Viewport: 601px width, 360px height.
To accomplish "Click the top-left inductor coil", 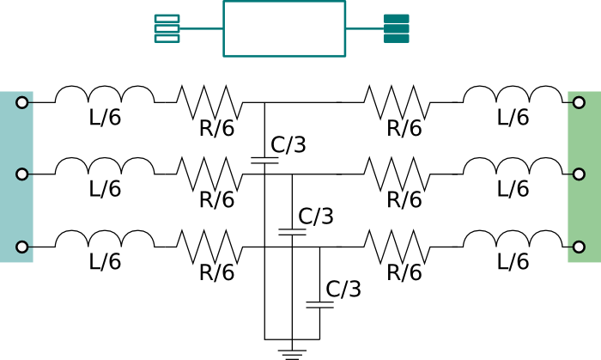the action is pyautogui.click(x=105, y=95).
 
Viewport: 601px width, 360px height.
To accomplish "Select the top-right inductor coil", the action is pyautogui.click(x=513, y=95).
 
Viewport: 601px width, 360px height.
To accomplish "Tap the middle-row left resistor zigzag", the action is pyautogui.click(x=209, y=174).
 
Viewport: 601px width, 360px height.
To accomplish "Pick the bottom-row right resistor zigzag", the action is pyautogui.click(x=397, y=247).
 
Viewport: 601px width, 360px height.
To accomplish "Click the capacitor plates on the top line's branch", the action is pyautogui.click(x=264, y=161).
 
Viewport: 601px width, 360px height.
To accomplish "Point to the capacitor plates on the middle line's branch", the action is pyautogui.click(x=292, y=232).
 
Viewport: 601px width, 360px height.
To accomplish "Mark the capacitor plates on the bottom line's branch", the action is pyautogui.click(x=319, y=305).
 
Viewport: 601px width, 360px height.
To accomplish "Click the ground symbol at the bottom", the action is pyautogui.click(x=292, y=354).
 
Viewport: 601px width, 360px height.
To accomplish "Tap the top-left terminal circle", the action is pyautogui.click(x=22, y=103).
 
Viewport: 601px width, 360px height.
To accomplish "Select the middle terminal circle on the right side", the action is pyautogui.click(x=579, y=174).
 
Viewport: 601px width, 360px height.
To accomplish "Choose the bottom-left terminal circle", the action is pyautogui.click(x=22, y=247).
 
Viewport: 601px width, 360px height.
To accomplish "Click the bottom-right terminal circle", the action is pyautogui.click(x=579, y=247).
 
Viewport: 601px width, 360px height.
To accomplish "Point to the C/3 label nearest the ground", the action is pyautogui.click(x=343, y=289).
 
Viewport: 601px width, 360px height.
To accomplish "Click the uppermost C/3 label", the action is pyautogui.click(x=288, y=144).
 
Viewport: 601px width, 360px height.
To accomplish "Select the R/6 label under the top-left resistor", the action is pyautogui.click(x=216, y=128).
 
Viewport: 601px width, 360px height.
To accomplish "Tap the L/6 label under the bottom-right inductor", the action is pyautogui.click(x=513, y=261).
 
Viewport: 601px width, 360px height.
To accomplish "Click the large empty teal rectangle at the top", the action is pyautogui.click(x=284, y=28).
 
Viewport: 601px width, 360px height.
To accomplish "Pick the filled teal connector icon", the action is pyautogui.click(x=397, y=28).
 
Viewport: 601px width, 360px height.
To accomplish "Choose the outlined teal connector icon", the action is pyautogui.click(x=167, y=28).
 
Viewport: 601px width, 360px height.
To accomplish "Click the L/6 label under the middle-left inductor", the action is pyautogui.click(x=105, y=188).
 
